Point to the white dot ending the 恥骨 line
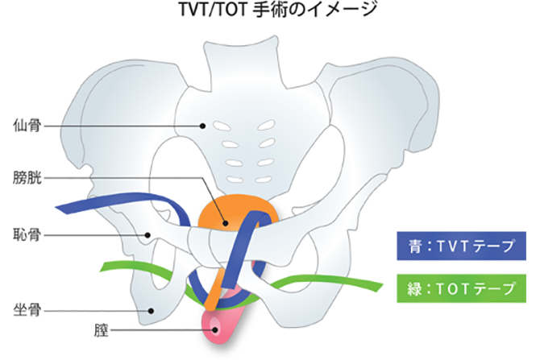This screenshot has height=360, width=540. pyautogui.click(x=148, y=235)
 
